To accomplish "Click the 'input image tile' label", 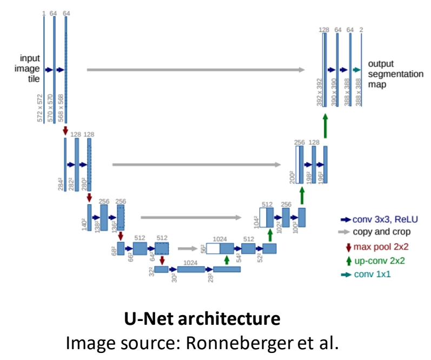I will click(30, 68).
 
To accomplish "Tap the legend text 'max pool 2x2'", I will click(379, 247).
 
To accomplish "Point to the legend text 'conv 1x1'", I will click(372, 274).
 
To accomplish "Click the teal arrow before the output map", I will click(356, 70).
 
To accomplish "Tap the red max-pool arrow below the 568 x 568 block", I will click(65, 130).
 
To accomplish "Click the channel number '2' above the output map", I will click(361, 29).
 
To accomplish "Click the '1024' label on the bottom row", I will click(190, 262).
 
